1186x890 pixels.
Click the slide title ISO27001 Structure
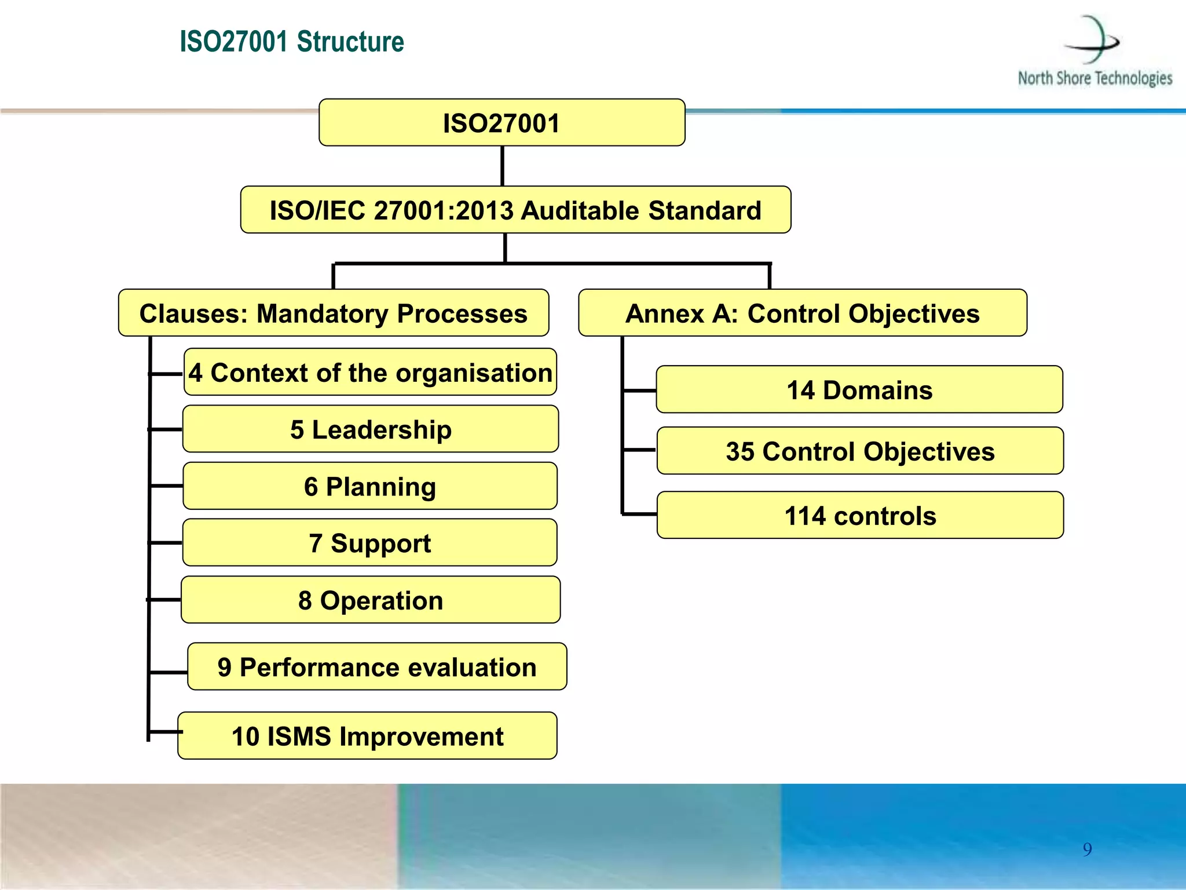click(292, 42)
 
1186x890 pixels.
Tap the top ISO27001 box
click(502, 123)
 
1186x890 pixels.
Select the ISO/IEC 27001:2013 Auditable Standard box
click(515, 210)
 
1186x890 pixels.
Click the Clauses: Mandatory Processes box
click(334, 313)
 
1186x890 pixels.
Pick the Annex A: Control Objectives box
click(803, 313)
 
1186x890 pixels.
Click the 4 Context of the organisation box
click(371, 372)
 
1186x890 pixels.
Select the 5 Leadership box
click(371, 429)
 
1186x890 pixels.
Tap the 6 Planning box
click(371, 486)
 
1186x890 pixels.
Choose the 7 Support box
click(371, 542)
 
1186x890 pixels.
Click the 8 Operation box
click(371, 600)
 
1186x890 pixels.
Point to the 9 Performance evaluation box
click(377, 666)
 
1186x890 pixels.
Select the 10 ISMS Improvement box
click(368, 736)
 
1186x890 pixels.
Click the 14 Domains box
click(859, 389)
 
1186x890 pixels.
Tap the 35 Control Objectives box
click(860, 451)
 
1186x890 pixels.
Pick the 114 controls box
click(860, 515)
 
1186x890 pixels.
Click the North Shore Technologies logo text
click(1095, 78)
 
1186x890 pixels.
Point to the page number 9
click(1087, 849)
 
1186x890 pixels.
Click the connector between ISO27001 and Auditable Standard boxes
click(502, 166)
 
